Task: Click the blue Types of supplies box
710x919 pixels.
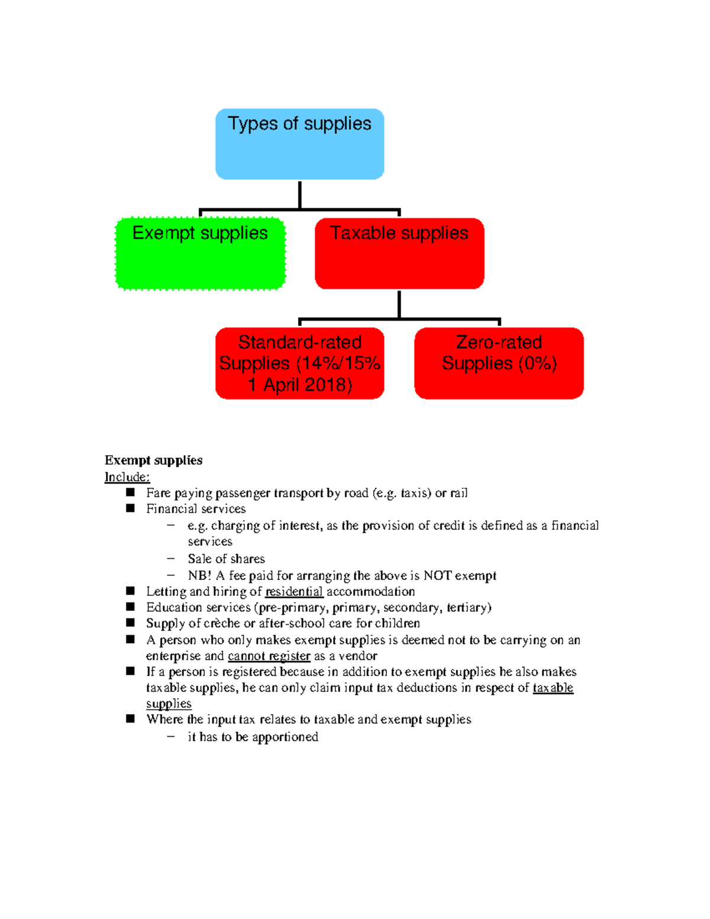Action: [x=299, y=144]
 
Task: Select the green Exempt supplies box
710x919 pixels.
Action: [x=200, y=254]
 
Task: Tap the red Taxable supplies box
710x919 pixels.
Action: [x=399, y=254]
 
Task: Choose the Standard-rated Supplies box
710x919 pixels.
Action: [x=299, y=363]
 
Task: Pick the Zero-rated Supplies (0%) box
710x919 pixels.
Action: [x=499, y=363]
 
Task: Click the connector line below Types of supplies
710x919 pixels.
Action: [x=300, y=195]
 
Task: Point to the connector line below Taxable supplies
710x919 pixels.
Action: [x=399, y=304]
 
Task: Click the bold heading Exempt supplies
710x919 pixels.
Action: [x=153, y=460]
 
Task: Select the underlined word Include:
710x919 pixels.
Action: [x=127, y=477]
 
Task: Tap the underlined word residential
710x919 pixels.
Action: [x=294, y=592]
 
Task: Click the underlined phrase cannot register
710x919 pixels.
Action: [x=269, y=656]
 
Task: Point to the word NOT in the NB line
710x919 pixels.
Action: [x=437, y=576]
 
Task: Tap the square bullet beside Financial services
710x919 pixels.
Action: [x=130, y=508]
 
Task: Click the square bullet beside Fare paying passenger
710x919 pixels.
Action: [x=130, y=492]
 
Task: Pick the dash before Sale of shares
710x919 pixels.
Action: [x=171, y=558]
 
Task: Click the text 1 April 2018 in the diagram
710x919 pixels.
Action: [x=299, y=385]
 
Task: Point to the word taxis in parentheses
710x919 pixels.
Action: [x=415, y=493]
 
